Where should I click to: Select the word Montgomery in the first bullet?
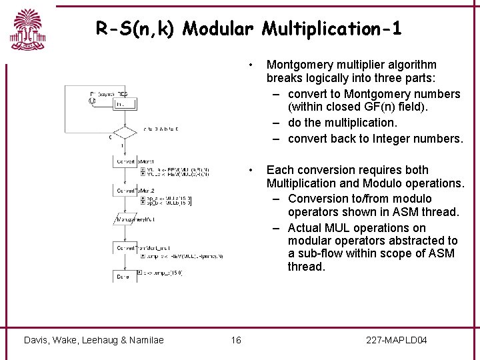tap(297, 65)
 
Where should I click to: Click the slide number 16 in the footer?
tap(236, 341)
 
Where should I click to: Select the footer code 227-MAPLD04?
tap(397, 341)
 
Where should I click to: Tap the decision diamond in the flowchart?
tap(122, 132)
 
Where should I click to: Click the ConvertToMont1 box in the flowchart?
tap(126, 162)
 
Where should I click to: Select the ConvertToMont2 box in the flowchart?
tap(126, 191)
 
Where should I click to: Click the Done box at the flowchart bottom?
tap(124, 276)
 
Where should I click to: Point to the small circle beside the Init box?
tap(91, 101)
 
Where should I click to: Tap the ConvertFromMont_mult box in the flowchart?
tap(126, 247)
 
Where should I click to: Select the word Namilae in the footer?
tap(144, 341)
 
